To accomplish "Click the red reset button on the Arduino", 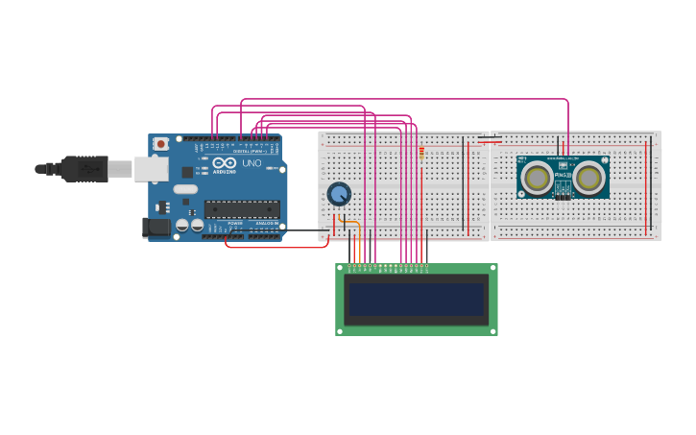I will (x=161, y=144).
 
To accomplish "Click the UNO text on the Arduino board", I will (x=251, y=164).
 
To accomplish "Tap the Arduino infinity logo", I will (x=225, y=163).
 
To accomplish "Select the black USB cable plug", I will (x=84, y=169).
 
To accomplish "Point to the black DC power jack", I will (x=156, y=228).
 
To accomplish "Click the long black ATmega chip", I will (x=241, y=208).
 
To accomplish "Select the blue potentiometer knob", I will (x=339, y=194).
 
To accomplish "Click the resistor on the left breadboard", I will (x=420, y=152).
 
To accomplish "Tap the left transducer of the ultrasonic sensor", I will (x=537, y=177).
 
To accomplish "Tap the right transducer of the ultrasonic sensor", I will (x=589, y=177).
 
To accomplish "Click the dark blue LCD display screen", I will (x=416, y=300).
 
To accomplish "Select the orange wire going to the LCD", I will (x=359, y=240).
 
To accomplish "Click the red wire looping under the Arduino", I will (x=278, y=247).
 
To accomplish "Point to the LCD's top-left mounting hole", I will (x=341, y=269).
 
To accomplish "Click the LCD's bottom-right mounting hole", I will (x=492, y=330).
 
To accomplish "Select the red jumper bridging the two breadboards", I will (x=490, y=141).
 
